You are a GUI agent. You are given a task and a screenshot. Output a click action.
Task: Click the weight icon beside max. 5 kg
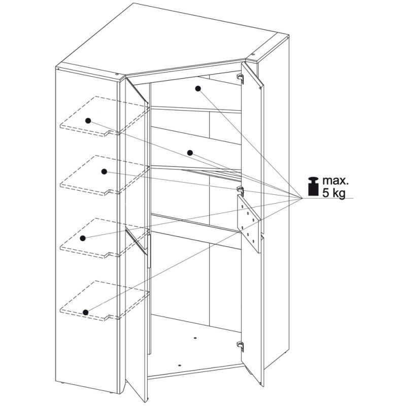313,186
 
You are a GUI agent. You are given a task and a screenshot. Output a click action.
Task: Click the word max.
335,181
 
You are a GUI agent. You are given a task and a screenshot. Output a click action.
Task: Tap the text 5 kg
334,193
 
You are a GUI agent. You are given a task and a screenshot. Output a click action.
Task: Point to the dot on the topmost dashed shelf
88,121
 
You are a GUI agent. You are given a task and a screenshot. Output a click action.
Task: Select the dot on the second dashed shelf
104,172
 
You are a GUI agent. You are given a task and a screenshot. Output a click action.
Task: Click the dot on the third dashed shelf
83,238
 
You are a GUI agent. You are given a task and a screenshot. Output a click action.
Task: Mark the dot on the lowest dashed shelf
86,312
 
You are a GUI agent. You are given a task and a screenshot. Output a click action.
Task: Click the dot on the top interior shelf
198,88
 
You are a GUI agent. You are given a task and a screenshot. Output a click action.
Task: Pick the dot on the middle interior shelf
190,153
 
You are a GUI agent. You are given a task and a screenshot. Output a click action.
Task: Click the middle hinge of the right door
241,190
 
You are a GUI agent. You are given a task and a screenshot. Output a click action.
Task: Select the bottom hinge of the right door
241,346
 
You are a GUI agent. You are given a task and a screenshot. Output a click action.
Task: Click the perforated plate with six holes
248,223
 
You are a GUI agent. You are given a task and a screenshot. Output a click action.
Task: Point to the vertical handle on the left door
149,251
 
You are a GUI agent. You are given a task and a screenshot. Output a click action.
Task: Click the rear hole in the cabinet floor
195,338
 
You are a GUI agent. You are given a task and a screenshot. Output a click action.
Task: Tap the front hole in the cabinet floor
180,365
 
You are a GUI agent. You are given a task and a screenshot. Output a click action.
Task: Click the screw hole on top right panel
253,55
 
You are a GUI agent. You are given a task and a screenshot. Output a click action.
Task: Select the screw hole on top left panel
117,74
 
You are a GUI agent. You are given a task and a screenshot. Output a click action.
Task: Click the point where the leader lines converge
302,198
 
